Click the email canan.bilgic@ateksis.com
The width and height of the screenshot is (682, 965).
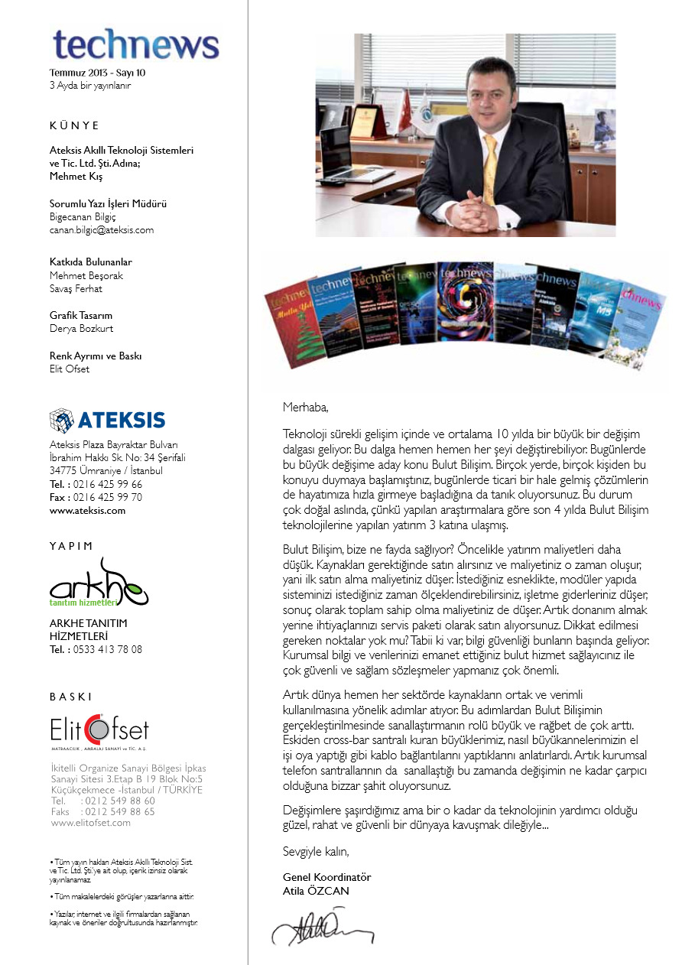pyautogui.click(x=102, y=229)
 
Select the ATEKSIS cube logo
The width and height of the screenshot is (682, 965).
pyautogui.click(x=61, y=420)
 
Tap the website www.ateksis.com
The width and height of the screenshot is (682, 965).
pyautogui.click(x=87, y=511)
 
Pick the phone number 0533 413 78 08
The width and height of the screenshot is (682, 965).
pyautogui.click(x=107, y=650)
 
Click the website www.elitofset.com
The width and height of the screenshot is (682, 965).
pyautogui.click(x=90, y=823)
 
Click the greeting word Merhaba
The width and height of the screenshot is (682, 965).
pyautogui.click(x=305, y=407)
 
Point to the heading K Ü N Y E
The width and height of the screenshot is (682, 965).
pyautogui.click(x=74, y=125)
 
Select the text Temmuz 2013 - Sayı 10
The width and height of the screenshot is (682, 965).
pyautogui.click(x=97, y=73)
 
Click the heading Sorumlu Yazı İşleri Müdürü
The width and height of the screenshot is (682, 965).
pyautogui.click(x=108, y=204)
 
